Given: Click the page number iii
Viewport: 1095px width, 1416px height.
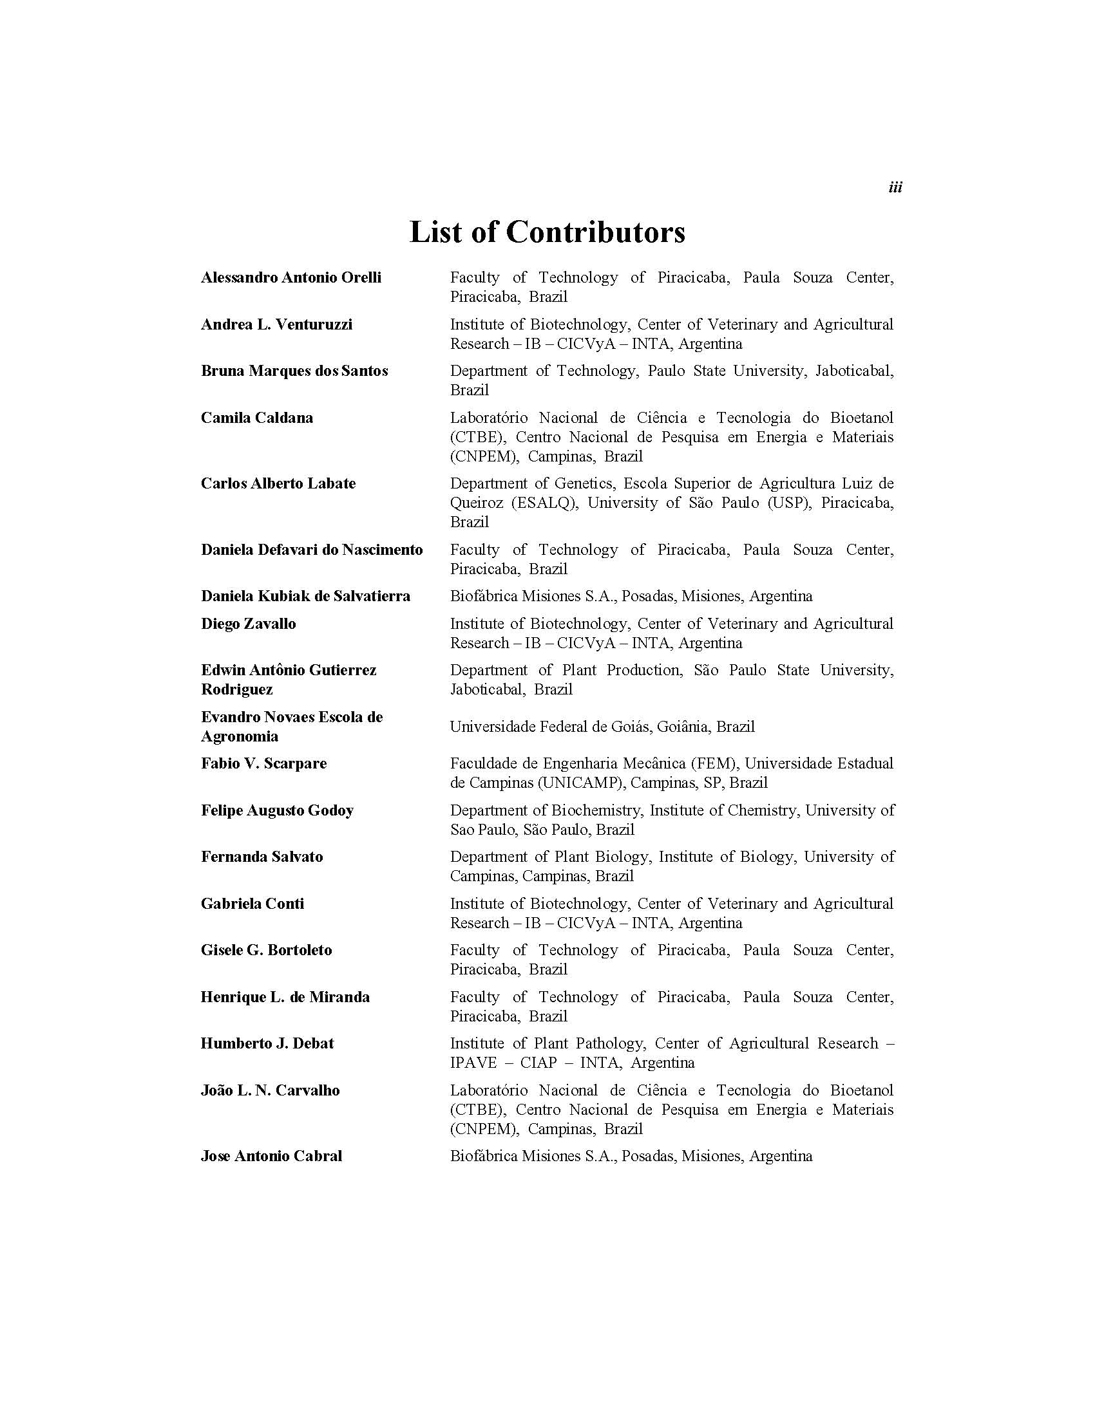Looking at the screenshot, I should [x=895, y=188].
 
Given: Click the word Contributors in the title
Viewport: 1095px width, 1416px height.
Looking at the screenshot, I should [x=595, y=232].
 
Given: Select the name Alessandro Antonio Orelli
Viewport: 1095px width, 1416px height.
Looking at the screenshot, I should [x=291, y=277].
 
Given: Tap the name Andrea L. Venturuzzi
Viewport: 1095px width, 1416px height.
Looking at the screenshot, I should [x=276, y=324].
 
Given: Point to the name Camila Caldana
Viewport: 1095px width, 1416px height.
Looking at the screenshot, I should [x=257, y=418].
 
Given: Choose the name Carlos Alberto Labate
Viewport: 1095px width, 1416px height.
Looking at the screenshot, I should [x=278, y=483].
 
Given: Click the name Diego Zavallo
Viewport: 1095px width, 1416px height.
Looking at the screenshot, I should [x=249, y=624].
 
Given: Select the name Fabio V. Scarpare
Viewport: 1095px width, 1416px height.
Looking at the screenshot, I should [x=264, y=764].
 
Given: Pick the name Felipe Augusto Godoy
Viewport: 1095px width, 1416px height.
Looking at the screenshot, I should [x=277, y=810].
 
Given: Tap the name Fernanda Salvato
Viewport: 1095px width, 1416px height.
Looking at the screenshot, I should [x=262, y=857].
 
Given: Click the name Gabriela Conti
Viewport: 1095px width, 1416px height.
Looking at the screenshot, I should [x=252, y=904].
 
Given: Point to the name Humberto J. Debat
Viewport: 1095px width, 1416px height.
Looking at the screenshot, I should [x=267, y=1044].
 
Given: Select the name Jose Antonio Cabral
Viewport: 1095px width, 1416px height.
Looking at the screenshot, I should [x=271, y=1156].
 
